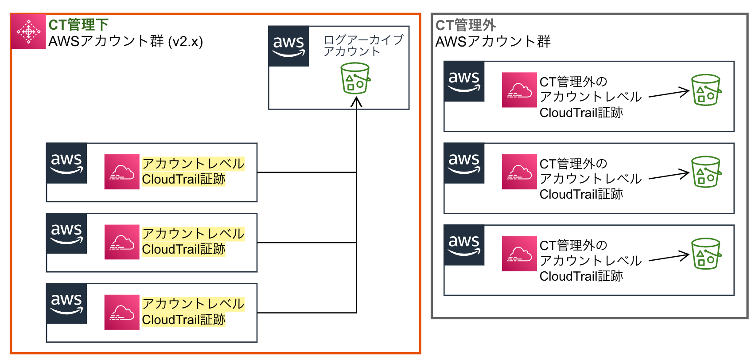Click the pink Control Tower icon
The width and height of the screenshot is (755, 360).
(28, 31)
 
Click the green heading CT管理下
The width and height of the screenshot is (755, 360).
(78, 25)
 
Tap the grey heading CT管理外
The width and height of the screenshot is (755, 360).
(465, 25)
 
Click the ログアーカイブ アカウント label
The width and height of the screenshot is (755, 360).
(363, 46)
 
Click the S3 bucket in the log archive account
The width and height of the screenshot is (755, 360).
(355, 78)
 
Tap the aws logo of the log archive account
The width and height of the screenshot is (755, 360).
(289, 46)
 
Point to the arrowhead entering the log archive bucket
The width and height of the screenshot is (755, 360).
(356, 102)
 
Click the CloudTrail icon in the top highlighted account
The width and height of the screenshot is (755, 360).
(122, 172)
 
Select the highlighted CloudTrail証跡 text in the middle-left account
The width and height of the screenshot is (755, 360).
(183, 250)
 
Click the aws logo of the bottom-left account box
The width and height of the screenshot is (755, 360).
(66, 304)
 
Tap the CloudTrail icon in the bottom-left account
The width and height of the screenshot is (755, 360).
(122, 312)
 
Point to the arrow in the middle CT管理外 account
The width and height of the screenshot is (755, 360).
(669, 176)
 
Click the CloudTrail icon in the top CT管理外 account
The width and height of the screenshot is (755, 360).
(519, 90)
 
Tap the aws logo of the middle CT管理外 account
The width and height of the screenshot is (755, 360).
(464, 163)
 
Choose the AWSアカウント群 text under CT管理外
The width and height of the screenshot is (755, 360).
(493, 42)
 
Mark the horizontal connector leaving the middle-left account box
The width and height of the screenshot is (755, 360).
(306, 243)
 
